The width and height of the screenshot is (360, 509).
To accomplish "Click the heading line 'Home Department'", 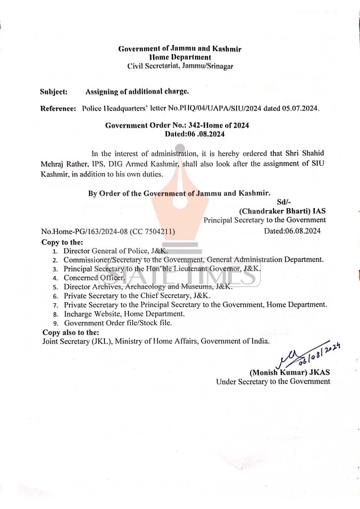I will (180, 57).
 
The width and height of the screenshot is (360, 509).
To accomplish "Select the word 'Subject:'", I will (53, 92).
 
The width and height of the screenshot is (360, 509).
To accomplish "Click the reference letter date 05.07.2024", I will (301, 108).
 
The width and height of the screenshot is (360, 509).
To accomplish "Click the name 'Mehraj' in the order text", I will (54, 164).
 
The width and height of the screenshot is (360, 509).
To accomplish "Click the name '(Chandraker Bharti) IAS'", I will (282, 211).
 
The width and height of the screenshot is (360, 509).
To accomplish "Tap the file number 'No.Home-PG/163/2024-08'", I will (84, 232).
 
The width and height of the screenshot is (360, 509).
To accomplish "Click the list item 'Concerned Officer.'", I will (94, 278).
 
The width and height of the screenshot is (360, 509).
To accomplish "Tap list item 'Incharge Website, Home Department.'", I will (124, 314).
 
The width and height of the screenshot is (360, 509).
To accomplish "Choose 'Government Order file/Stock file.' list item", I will (118, 323).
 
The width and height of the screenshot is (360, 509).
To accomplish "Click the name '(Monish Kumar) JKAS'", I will (290, 372).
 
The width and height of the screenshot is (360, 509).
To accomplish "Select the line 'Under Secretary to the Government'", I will (273, 381).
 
